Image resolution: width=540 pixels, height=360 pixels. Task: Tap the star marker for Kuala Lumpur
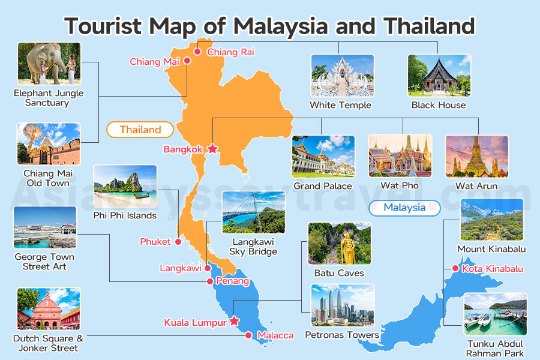[x=234, y=322]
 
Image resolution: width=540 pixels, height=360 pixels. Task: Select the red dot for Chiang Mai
[x=187, y=61]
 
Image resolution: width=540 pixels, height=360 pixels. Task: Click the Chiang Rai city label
[x=230, y=52]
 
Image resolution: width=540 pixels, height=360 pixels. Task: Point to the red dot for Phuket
[x=178, y=242]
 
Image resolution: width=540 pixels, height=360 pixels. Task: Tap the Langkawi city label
[x=180, y=268]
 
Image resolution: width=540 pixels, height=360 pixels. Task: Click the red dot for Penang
[x=209, y=281]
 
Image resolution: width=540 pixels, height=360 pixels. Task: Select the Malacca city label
[x=275, y=335]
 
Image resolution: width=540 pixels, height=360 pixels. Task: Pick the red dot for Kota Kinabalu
[x=455, y=268]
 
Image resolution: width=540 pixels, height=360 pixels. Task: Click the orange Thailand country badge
[x=140, y=130]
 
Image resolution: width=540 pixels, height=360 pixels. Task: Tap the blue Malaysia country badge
[x=404, y=208]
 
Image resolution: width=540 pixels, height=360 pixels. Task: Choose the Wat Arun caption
[x=476, y=186]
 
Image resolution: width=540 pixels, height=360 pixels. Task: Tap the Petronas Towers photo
[x=342, y=305]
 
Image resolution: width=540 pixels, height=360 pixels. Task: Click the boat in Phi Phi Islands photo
[x=139, y=195]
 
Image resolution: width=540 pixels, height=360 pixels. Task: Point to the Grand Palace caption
[x=323, y=186]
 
